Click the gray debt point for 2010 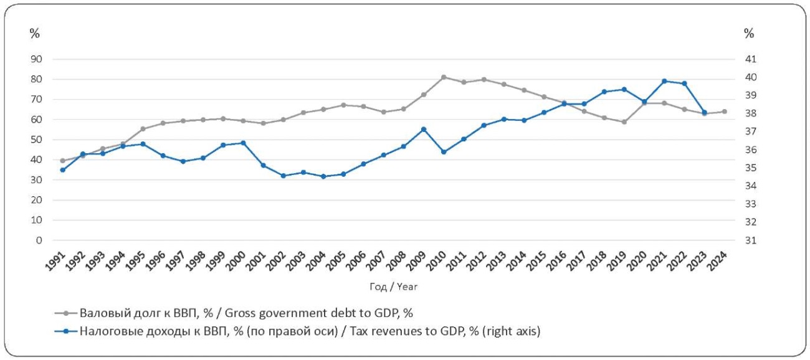444,77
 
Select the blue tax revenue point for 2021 664,81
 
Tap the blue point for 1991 62,170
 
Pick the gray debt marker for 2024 725,111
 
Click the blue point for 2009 424,130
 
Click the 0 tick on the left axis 39,240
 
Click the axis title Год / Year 393,287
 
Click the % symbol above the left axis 34,33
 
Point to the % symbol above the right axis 749,33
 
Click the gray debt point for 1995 143,129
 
